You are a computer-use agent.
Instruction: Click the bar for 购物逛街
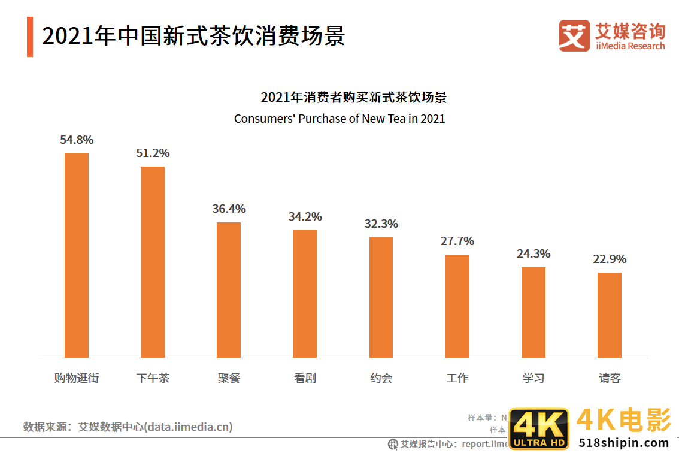(x=77, y=255)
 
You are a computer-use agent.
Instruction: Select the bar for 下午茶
(x=153, y=262)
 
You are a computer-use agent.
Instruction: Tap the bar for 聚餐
(x=229, y=290)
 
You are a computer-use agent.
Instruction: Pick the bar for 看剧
(x=305, y=294)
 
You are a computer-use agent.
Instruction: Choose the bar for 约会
(x=381, y=297)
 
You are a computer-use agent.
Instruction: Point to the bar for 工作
(x=457, y=306)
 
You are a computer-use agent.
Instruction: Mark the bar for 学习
(x=533, y=312)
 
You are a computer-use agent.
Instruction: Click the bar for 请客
(x=610, y=315)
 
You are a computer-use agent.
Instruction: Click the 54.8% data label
(x=77, y=140)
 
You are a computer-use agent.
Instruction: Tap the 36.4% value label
(x=229, y=209)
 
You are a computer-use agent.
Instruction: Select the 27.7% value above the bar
(x=457, y=241)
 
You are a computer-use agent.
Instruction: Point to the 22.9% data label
(x=610, y=259)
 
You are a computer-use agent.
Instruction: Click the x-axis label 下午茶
(x=153, y=378)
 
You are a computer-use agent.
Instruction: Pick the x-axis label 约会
(x=381, y=378)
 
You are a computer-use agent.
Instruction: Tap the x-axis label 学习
(x=533, y=378)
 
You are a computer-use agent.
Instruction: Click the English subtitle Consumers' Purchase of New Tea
(x=339, y=119)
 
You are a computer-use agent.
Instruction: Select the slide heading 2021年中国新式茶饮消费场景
(x=193, y=37)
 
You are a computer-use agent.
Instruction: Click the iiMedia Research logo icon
(x=574, y=36)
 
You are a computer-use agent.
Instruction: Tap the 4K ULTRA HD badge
(x=538, y=430)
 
